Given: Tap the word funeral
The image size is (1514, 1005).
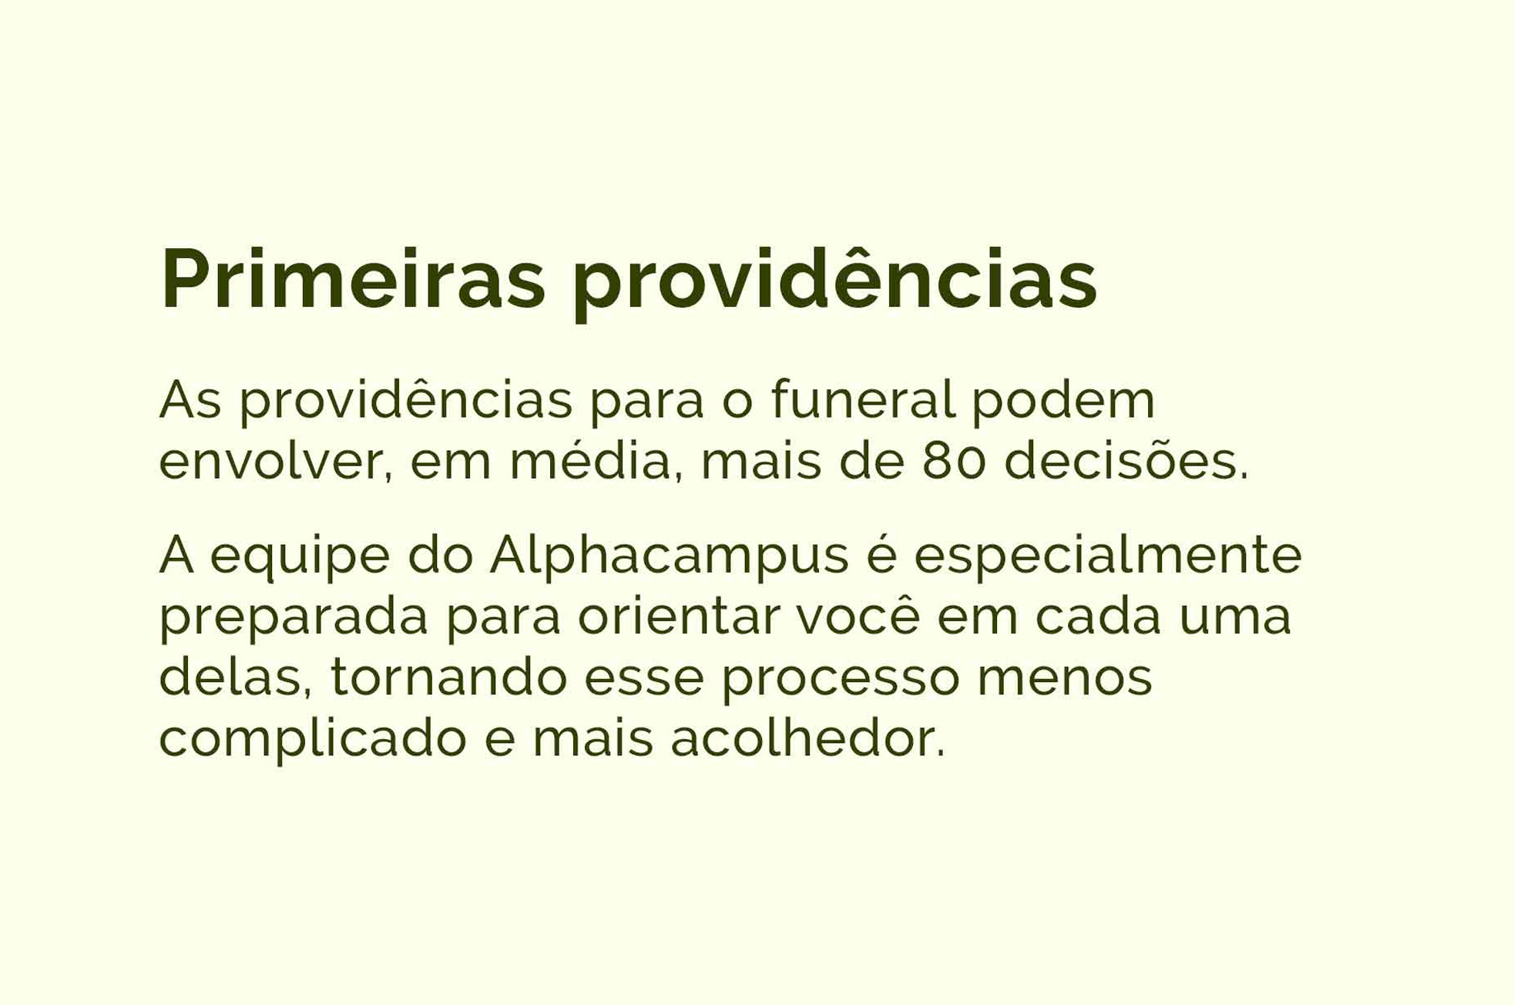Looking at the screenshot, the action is coord(864,400).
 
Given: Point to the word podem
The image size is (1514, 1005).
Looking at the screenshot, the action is coord(1064,400).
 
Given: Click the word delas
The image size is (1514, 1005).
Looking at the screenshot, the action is coord(236,677).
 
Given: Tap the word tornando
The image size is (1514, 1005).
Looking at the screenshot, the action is coord(448,676).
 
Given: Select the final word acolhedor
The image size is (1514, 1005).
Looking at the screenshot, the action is coord(807,738).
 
